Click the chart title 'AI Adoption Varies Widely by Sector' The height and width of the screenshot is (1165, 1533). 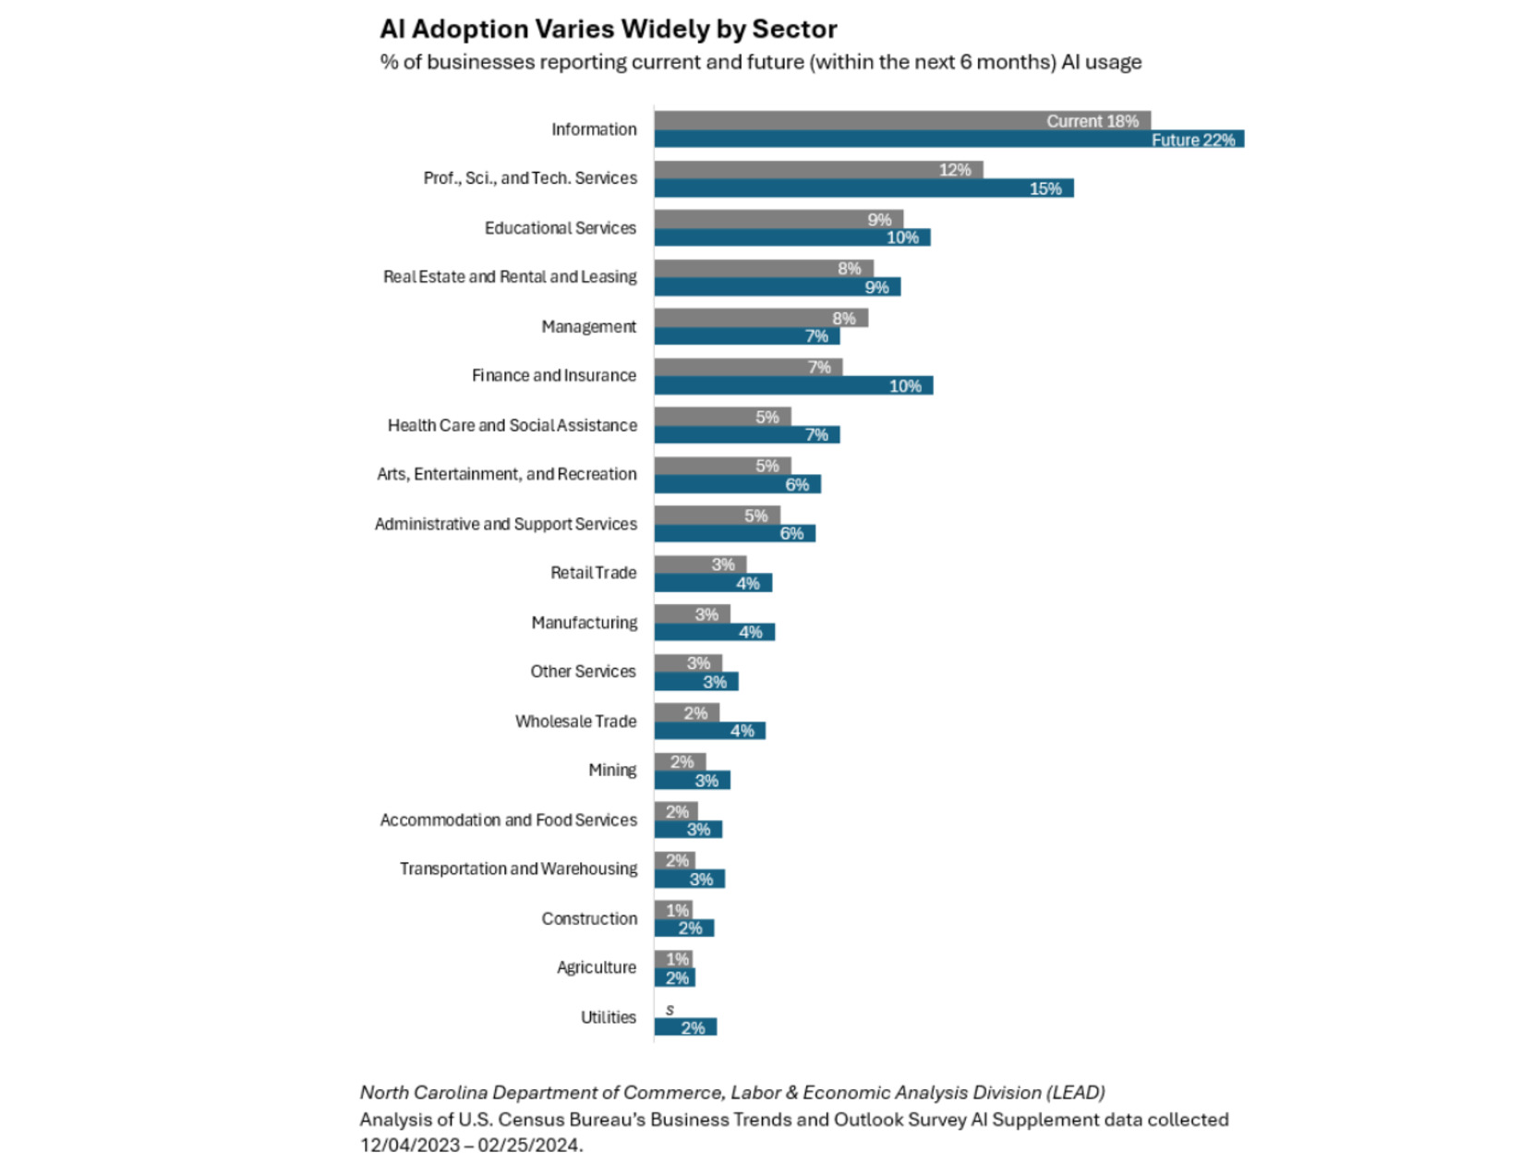click(x=608, y=30)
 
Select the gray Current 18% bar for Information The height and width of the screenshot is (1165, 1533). click(x=901, y=120)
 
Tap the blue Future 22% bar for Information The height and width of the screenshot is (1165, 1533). click(x=948, y=140)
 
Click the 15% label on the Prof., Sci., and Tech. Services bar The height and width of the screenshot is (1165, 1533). click(x=1045, y=188)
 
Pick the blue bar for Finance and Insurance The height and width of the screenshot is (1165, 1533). click(x=792, y=385)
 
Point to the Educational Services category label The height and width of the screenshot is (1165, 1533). click(x=560, y=228)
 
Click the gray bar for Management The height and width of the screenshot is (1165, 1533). click(x=760, y=318)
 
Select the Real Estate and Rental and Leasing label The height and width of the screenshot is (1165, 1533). click(x=510, y=277)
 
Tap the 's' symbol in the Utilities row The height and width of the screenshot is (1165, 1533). click(x=670, y=1010)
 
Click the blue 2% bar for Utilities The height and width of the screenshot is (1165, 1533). click(x=684, y=1027)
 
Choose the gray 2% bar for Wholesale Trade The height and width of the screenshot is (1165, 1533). click(x=686, y=712)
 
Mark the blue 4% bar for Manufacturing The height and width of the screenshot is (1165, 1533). click(x=713, y=632)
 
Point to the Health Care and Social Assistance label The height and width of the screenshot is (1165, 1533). click(x=512, y=425)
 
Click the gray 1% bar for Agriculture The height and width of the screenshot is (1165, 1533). click(x=673, y=959)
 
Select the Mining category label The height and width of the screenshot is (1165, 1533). click(x=612, y=771)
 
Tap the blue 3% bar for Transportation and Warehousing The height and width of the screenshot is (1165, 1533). click(x=689, y=879)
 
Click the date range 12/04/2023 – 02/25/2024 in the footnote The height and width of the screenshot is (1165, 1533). click(x=470, y=1146)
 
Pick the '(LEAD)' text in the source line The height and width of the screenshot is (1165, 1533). click(x=1075, y=1093)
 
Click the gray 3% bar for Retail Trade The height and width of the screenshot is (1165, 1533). click(x=699, y=564)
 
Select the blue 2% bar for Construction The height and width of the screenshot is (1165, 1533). click(x=683, y=928)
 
